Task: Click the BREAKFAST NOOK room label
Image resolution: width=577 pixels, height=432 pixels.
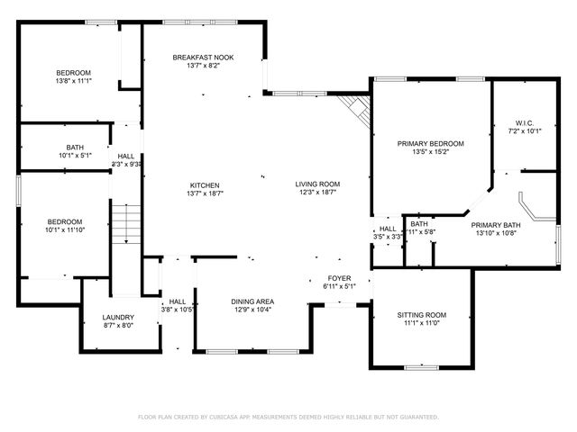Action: click(203, 58)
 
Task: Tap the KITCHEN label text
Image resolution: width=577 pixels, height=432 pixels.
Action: click(203, 184)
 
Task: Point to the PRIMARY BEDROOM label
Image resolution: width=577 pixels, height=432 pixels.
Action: click(431, 144)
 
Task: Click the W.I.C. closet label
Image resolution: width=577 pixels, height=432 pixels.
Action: click(525, 122)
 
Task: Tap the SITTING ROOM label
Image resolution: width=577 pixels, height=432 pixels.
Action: click(422, 315)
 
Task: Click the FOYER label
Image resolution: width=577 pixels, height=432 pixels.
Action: click(339, 278)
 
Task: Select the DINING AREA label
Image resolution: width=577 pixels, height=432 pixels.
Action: click(252, 301)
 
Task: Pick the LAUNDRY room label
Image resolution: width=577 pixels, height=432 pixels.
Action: click(118, 317)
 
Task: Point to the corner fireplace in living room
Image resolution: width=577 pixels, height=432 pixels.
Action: click(357, 110)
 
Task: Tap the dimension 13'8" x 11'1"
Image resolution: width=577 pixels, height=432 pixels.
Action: click(74, 81)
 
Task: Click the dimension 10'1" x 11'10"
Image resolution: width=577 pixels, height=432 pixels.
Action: click(64, 229)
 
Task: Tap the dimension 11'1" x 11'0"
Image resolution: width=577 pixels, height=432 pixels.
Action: click(422, 323)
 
